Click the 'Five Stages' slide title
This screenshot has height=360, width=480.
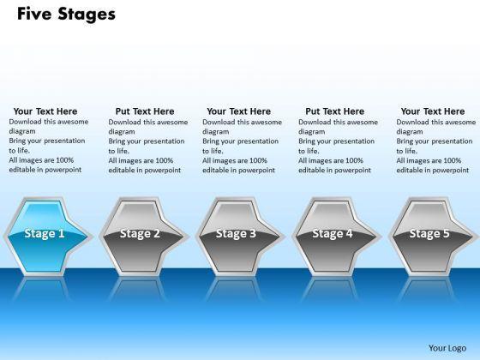[66, 15]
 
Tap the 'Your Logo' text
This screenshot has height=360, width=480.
[447, 348]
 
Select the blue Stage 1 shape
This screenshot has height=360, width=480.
[47, 237]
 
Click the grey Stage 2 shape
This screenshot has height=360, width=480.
[143, 237]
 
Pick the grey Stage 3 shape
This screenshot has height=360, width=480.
[240, 237]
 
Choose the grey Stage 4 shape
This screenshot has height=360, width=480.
[336, 237]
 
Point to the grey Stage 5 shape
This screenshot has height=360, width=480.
[433, 237]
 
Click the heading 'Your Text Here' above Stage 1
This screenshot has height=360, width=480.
[45, 111]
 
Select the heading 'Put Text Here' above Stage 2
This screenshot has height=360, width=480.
[145, 111]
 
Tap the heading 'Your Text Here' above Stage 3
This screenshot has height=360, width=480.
[239, 111]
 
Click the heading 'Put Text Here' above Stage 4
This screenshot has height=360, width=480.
[335, 111]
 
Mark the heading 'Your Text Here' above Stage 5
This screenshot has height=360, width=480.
[433, 111]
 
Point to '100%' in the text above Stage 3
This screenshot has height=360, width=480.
[257, 160]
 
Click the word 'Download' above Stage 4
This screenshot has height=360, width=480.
[313, 122]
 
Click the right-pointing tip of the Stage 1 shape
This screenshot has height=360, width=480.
[92, 237]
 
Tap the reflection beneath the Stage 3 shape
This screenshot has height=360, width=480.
[233, 289]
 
